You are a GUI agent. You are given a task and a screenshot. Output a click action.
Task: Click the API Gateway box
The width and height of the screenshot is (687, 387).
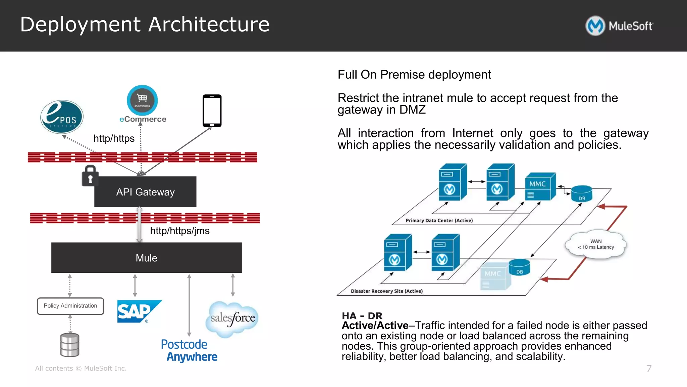[x=145, y=192]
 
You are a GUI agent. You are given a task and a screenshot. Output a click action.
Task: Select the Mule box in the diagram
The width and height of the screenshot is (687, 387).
[x=146, y=258]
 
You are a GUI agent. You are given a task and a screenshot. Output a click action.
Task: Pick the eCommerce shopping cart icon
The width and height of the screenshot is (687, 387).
[x=142, y=100]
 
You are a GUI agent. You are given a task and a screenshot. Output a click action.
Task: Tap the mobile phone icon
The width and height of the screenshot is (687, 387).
[x=212, y=111]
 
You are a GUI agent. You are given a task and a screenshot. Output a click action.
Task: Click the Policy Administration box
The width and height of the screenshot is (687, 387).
[x=70, y=306]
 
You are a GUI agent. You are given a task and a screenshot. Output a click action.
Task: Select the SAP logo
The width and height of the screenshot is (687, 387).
[x=138, y=311]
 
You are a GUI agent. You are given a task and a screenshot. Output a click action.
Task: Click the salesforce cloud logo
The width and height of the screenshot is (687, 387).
[x=232, y=318]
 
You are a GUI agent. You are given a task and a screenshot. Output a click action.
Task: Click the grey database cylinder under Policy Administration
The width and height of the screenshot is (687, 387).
[x=70, y=345]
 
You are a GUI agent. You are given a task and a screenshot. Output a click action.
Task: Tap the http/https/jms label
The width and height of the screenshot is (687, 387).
[x=180, y=231]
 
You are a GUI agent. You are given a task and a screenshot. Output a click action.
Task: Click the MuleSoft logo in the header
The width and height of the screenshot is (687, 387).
[x=619, y=26]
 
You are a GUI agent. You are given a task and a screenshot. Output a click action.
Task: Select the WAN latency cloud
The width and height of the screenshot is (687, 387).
[x=596, y=245]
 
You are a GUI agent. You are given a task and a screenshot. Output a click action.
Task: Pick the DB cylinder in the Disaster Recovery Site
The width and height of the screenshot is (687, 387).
[x=519, y=268]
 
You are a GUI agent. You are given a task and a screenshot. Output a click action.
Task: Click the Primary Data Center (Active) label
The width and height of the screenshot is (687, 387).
[x=439, y=221]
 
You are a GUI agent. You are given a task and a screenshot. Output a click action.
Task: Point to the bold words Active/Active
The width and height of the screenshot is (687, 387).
[x=375, y=326]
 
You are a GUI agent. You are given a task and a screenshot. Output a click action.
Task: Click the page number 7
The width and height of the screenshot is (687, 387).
[x=649, y=369]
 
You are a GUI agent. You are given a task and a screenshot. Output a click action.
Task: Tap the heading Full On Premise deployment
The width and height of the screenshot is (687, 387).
[x=414, y=75]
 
